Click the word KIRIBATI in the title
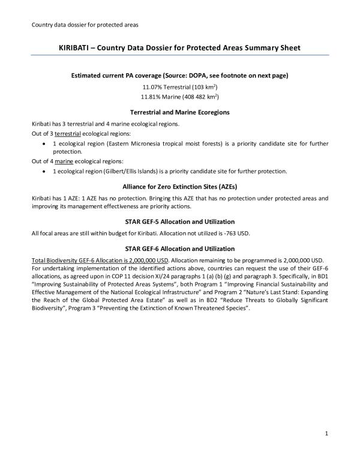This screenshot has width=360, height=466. (76, 47)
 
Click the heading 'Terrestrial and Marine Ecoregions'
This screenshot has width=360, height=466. (180, 112)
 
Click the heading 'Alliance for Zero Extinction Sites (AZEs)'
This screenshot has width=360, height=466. (180, 187)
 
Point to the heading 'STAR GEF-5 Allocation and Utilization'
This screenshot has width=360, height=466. (180, 222)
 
